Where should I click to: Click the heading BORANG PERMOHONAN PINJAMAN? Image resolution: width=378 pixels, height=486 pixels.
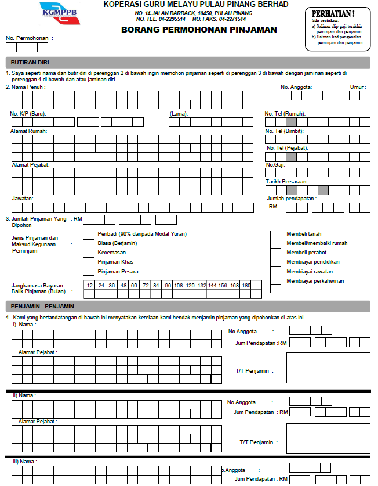(199, 30)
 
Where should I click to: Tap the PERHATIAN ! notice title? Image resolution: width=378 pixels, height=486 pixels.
(333, 13)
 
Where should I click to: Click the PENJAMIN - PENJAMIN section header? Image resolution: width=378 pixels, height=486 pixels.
(42, 306)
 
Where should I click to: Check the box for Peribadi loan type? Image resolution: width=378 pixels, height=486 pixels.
(88, 234)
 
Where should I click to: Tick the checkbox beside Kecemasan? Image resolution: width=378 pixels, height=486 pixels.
(88, 253)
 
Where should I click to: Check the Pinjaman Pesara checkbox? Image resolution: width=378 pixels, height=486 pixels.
(88, 271)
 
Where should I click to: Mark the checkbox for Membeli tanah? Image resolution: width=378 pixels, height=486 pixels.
(275, 234)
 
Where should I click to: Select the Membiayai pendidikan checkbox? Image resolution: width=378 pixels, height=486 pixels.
(275, 262)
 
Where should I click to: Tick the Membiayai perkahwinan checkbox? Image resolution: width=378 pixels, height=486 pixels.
(275, 281)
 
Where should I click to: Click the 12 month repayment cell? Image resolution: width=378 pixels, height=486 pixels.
(90, 286)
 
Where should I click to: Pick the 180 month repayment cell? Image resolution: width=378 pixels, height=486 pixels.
(246, 286)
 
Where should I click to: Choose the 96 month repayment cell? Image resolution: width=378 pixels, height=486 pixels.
(168, 286)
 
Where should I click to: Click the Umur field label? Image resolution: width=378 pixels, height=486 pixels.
(358, 87)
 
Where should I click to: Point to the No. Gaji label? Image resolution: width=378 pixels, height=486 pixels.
(275, 165)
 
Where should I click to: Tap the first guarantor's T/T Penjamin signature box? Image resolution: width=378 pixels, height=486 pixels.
(328, 368)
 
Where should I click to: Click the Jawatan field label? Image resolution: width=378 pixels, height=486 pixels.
(23, 199)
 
